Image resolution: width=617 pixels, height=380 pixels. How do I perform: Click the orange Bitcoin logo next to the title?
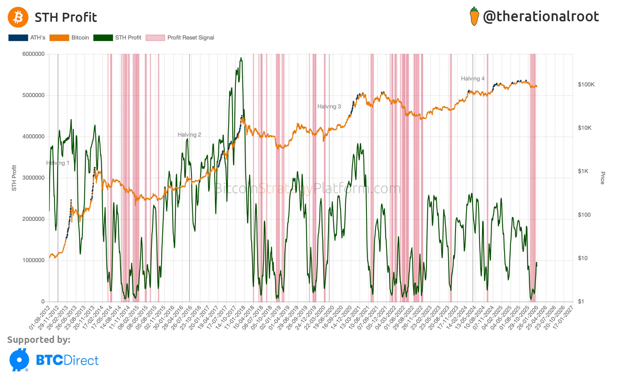pyautogui.click(x=18, y=17)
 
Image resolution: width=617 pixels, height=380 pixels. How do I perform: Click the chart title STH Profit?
pyautogui.click(x=66, y=18)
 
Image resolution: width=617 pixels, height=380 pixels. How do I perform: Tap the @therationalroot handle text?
pyautogui.click(x=541, y=17)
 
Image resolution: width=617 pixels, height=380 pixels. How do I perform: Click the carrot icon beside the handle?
pyautogui.click(x=474, y=17)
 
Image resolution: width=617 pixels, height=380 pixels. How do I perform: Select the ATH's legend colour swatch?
pyautogui.click(x=18, y=38)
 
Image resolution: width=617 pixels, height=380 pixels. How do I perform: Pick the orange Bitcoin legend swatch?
pyautogui.click(x=59, y=38)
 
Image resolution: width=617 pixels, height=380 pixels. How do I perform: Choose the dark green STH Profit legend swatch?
pyautogui.click(x=103, y=38)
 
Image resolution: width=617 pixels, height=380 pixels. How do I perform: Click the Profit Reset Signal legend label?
pyautogui.click(x=190, y=38)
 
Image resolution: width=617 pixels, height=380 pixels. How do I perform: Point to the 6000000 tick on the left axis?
pyautogui.click(x=34, y=54)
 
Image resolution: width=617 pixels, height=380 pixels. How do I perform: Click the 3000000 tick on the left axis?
pyautogui.click(x=34, y=178)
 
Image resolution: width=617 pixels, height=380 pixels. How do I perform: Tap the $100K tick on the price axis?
pyautogui.click(x=586, y=85)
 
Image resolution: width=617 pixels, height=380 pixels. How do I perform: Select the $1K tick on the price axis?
pyautogui.click(x=583, y=171)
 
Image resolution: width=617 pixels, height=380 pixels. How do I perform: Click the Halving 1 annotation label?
pyautogui.click(x=58, y=163)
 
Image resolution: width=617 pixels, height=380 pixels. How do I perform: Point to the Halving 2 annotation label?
pyautogui.click(x=189, y=135)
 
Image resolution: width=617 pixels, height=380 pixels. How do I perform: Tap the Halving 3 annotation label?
pyautogui.click(x=329, y=107)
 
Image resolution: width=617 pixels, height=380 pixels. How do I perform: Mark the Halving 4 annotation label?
pyautogui.click(x=473, y=79)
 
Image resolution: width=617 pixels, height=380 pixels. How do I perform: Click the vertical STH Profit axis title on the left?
pyautogui.click(x=14, y=178)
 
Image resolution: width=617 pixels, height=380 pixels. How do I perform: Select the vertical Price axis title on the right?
pyautogui.click(x=602, y=178)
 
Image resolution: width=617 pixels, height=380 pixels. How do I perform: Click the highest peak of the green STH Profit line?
pyautogui.click(x=241, y=58)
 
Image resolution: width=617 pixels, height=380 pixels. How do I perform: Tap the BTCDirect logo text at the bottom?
pyautogui.click(x=67, y=360)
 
